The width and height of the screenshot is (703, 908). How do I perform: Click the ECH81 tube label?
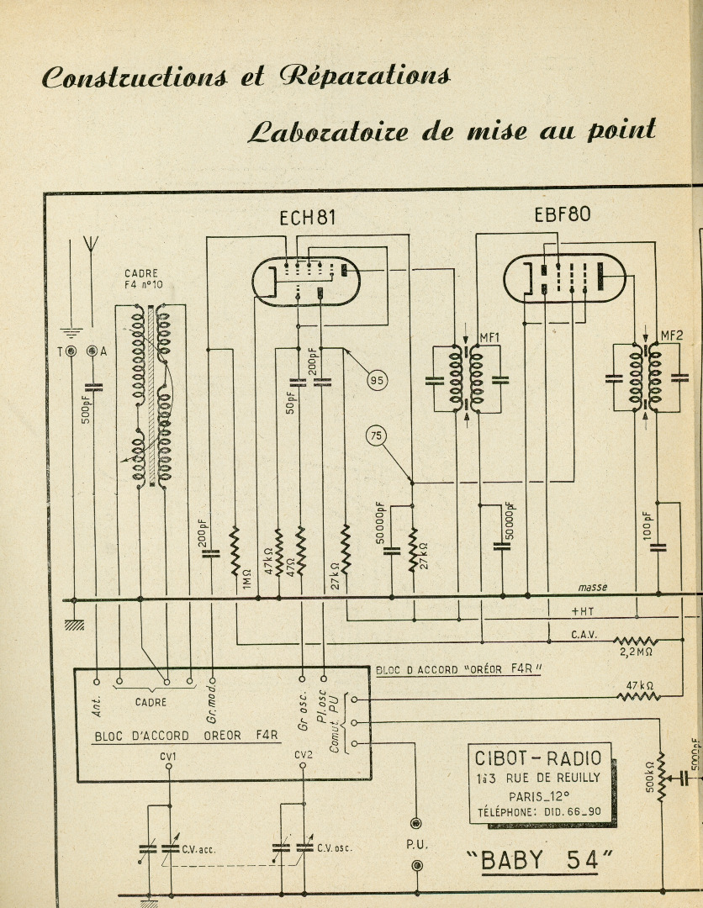click(x=307, y=218)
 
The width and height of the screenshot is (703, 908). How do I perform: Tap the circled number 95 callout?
click(x=377, y=381)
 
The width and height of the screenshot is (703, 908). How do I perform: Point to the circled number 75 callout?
click(x=377, y=436)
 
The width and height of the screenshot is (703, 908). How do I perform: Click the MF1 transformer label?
click(x=489, y=337)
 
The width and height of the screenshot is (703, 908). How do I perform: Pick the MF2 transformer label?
click(x=672, y=335)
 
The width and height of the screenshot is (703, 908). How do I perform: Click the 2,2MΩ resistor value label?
click(x=637, y=652)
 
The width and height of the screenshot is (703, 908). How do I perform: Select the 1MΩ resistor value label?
click(x=247, y=579)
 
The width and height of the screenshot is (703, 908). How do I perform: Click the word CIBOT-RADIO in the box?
click(x=538, y=758)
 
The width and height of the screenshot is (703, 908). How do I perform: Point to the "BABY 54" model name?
click(x=540, y=861)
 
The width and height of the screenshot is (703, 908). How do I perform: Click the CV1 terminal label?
click(x=168, y=757)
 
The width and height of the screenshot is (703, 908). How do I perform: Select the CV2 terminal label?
click(x=303, y=754)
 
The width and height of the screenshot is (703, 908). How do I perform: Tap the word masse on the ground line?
click(x=592, y=587)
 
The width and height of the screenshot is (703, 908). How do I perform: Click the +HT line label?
click(x=583, y=611)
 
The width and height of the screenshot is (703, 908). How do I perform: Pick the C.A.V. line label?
click(x=584, y=635)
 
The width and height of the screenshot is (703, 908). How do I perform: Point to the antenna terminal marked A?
click(x=92, y=351)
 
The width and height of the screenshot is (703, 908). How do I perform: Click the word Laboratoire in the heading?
click(x=328, y=131)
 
